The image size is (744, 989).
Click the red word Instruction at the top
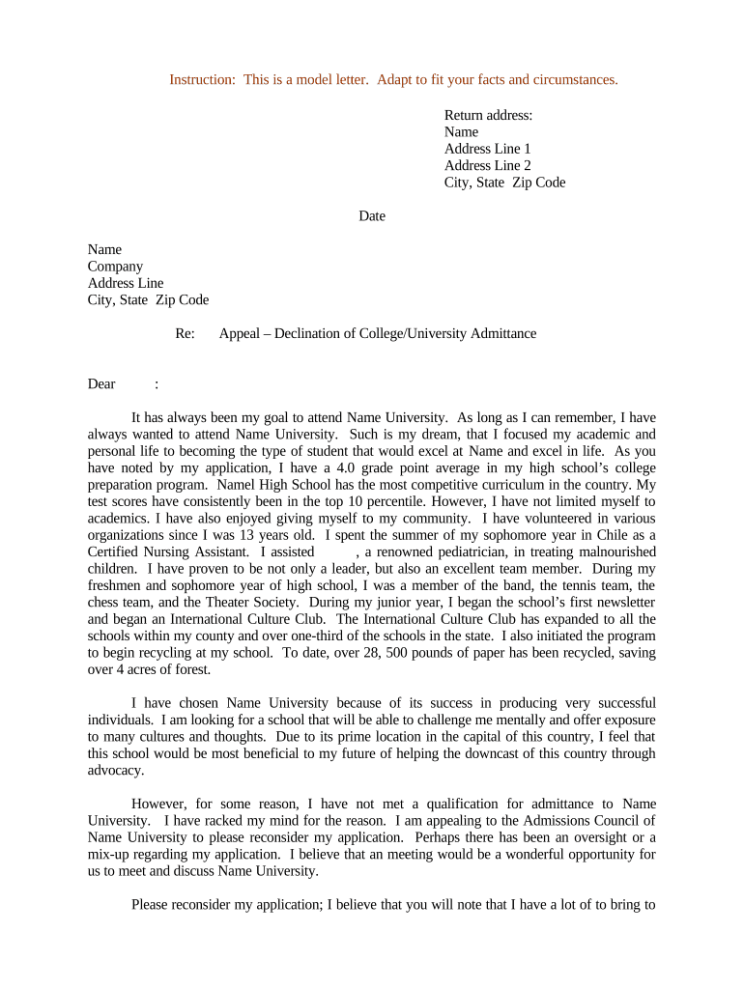click(200, 79)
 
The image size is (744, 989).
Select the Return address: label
click(488, 115)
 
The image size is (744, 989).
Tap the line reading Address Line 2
click(487, 165)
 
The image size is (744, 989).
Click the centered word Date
click(372, 216)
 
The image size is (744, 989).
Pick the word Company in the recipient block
click(115, 267)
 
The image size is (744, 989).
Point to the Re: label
click(185, 333)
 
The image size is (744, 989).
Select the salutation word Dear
click(101, 383)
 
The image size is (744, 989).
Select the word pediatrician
click(467, 551)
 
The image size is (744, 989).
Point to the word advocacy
click(116, 770)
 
